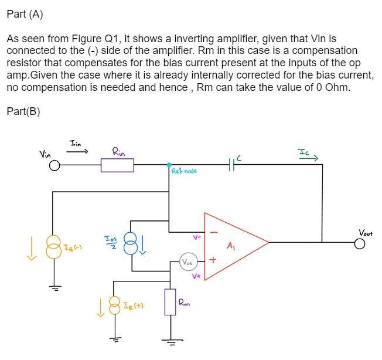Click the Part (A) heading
25,14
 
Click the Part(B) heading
23,111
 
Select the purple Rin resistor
117,166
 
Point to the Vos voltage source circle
189,261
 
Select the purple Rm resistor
170,301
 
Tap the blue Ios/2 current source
131,243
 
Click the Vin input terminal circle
54,166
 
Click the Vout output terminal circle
360,243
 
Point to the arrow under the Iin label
77,151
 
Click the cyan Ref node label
184,171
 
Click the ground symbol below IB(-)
54,287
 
